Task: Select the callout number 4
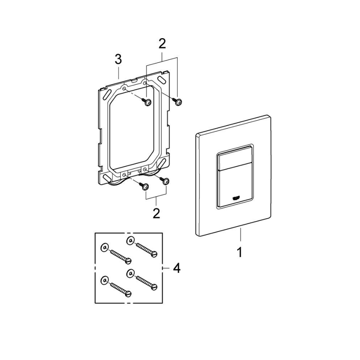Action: (177, 268)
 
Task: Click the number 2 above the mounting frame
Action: (162, 43)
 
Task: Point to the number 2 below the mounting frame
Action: (156, 214)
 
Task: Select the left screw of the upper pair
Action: (147, 102)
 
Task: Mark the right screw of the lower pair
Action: (166, 181)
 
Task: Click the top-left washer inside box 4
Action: (104, 248)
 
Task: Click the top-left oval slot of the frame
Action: (107, 95)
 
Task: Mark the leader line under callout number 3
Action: (119, 73)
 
